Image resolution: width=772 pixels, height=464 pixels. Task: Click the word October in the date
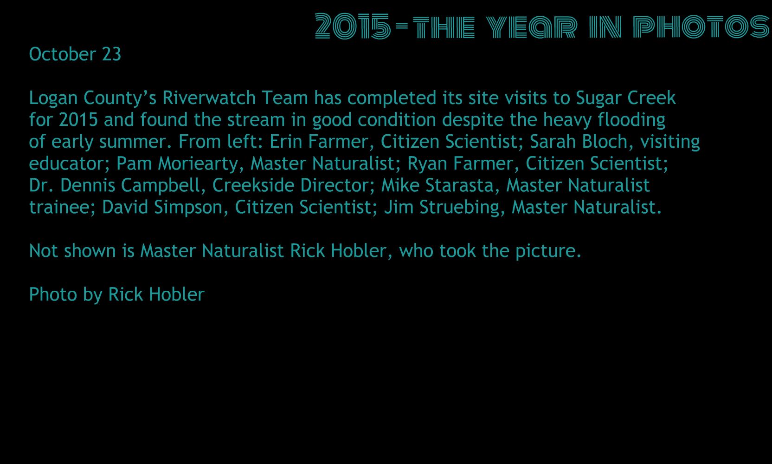[62, 54]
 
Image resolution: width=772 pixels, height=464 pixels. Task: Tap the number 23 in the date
[111, 54]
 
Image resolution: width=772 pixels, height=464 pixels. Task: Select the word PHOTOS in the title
[701, 26]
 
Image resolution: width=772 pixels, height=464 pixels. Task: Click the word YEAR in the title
[532, 26]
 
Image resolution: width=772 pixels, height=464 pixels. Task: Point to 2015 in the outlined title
[353, 26]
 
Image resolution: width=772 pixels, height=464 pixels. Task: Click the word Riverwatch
[209, 98]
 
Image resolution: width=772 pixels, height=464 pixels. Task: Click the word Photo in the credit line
[53, 294]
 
